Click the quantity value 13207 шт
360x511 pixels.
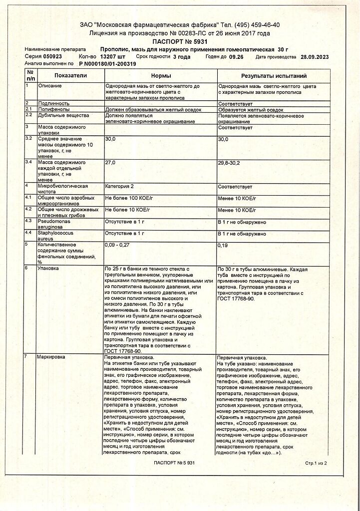113,57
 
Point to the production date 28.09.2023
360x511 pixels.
314,57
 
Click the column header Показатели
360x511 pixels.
71,75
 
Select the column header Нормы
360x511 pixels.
160,75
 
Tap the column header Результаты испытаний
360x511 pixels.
274,76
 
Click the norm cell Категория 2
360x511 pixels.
120,186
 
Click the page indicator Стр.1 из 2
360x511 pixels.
316,464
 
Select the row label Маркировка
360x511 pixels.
51,357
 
